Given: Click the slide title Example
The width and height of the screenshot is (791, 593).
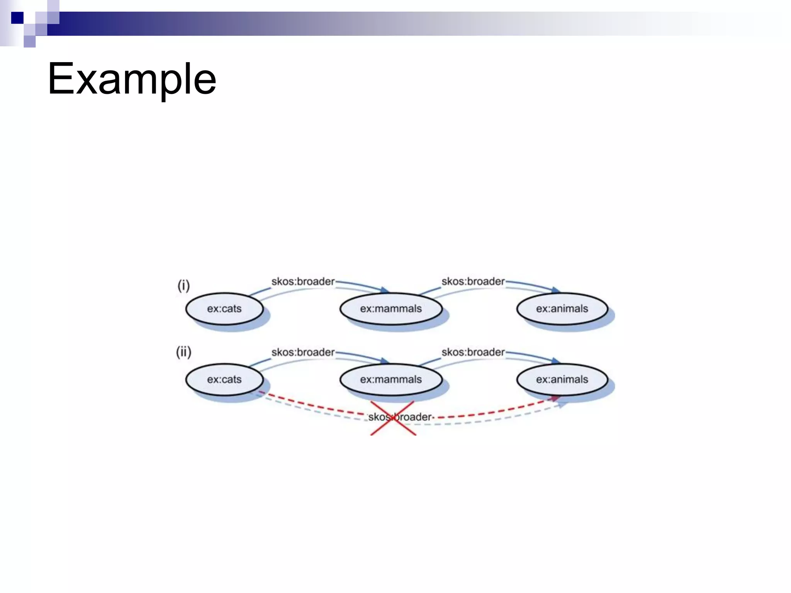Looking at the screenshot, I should point(132,79).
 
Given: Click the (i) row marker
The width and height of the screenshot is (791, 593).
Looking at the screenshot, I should point(183,286).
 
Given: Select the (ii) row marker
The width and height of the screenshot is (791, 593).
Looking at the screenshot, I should point(183,352).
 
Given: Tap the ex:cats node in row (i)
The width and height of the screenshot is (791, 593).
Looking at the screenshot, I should point(224,308).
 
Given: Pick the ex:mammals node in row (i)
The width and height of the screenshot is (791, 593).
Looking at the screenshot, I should point(391,308).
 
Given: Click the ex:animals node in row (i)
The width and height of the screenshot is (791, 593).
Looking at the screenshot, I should point(562,308).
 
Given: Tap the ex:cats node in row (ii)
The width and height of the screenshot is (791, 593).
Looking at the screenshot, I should point(224,379).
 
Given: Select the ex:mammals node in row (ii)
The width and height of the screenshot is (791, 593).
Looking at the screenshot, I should point(391,379).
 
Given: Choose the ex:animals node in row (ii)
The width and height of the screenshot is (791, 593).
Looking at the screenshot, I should point(562,379).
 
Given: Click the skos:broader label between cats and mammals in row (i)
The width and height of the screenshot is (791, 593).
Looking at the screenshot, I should point(303,281).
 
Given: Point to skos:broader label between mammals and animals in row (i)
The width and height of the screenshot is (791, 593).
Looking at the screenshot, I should point(473,281).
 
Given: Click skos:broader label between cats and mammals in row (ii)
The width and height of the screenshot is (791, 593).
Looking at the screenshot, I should point(303,352).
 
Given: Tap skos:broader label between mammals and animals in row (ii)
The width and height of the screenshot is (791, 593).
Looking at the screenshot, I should point(473,352).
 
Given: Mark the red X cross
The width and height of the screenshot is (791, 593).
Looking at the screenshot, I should point(393,418).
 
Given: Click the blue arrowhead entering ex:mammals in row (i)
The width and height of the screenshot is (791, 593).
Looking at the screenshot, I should point(385,290).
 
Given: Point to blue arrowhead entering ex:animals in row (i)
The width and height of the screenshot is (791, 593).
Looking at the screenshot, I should point(556,290).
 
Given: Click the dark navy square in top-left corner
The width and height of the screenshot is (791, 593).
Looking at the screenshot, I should point(17,18).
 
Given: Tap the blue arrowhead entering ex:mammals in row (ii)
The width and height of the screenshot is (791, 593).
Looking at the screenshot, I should point(385,361).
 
